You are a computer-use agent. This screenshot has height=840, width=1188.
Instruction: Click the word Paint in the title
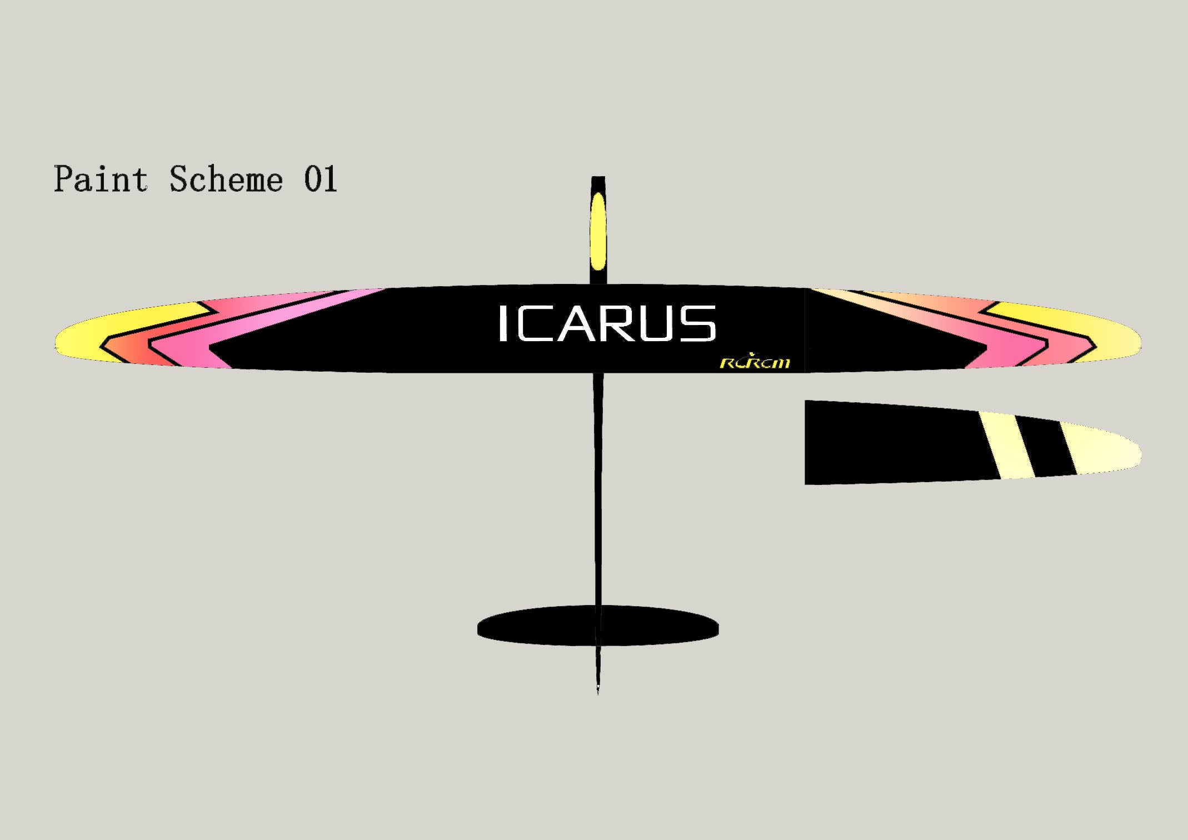[101, 179]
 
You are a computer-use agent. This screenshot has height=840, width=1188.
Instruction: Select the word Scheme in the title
[226, 179]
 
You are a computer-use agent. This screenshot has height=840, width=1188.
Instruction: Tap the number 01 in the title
[321, 179]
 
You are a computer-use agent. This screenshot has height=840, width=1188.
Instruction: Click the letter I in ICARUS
[503, 323]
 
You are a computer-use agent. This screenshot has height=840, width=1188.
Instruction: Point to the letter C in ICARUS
[534, 323]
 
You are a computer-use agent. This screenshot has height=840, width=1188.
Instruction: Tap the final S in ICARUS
[696, 323]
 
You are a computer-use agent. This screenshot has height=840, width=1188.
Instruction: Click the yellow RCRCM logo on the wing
[755, 362]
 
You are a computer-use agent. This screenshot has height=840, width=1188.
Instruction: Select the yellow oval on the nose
[598, 232]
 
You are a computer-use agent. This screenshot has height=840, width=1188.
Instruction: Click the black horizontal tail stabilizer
[598, 626]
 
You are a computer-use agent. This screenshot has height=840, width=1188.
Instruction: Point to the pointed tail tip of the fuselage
[598, 693]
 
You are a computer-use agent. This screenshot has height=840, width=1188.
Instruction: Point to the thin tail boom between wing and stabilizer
[598, 489]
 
